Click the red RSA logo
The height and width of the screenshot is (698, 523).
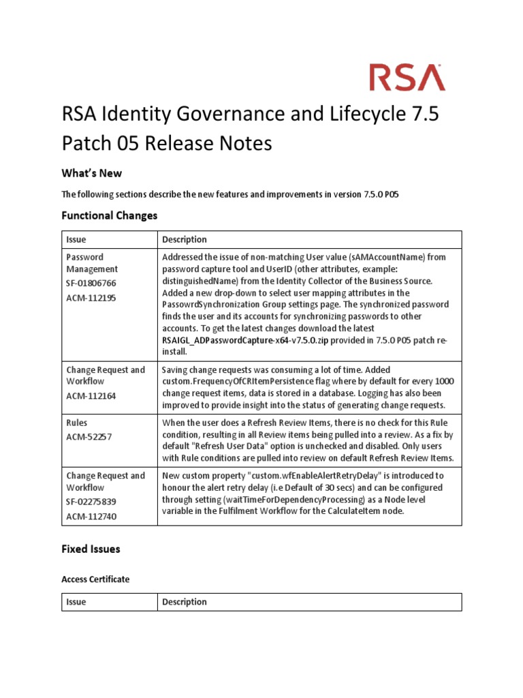click(407, 77)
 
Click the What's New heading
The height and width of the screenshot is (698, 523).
click(91, 173)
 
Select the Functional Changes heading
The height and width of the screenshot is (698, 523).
click(109, 215)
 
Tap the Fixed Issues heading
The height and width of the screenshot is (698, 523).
click(91, 548)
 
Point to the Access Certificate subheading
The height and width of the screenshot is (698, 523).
click(95, 579)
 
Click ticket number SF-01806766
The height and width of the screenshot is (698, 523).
click(91, 282)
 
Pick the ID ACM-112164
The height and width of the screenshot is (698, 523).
click(90, 395)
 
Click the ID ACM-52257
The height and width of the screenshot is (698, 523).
click(87, 436)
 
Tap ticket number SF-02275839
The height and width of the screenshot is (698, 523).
click(91, 501)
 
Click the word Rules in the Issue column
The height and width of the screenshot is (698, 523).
click(77, 423)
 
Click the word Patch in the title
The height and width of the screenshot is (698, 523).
click(91, 144)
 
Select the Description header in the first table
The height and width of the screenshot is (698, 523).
click(185, 239)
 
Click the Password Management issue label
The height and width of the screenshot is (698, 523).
click(92, 263)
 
